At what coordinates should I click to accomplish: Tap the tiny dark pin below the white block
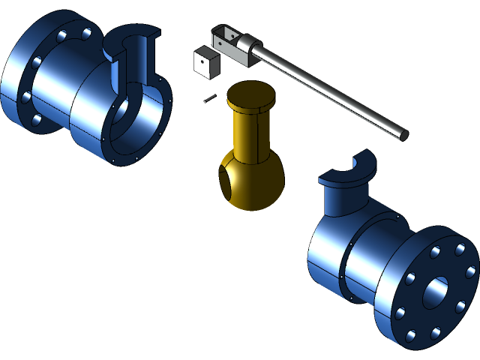[x=209, y=97]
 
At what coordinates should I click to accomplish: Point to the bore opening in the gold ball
[x=226, y=181]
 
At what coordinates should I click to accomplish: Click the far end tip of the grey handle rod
[x=403, y=136]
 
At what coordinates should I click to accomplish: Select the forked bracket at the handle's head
[x=229, y=41]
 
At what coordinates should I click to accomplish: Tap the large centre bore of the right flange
[x=435, y=292]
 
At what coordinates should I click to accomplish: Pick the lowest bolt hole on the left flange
[x=35, y=120]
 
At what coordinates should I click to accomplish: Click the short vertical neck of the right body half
[x=341, y=199]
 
